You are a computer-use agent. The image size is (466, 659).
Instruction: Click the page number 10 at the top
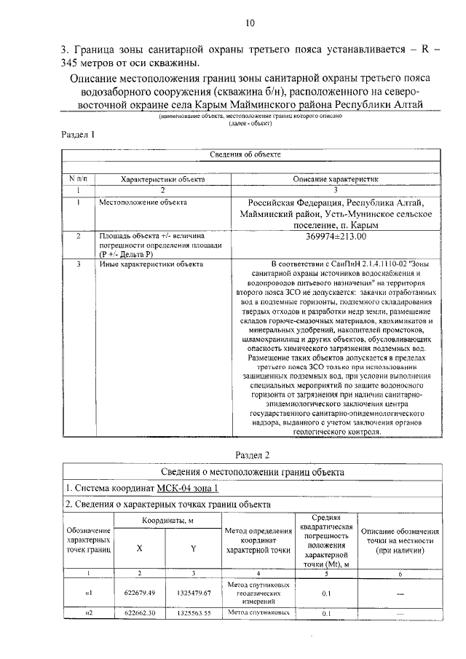250,23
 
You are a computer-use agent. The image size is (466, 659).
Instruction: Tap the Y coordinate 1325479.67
194,593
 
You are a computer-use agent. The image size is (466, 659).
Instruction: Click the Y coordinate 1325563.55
194,613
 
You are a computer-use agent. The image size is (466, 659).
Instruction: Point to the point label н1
88,593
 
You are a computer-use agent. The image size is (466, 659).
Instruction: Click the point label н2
88,613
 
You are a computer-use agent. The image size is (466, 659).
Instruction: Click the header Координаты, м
167,521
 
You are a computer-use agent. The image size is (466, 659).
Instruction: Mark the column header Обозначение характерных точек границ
88,542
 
